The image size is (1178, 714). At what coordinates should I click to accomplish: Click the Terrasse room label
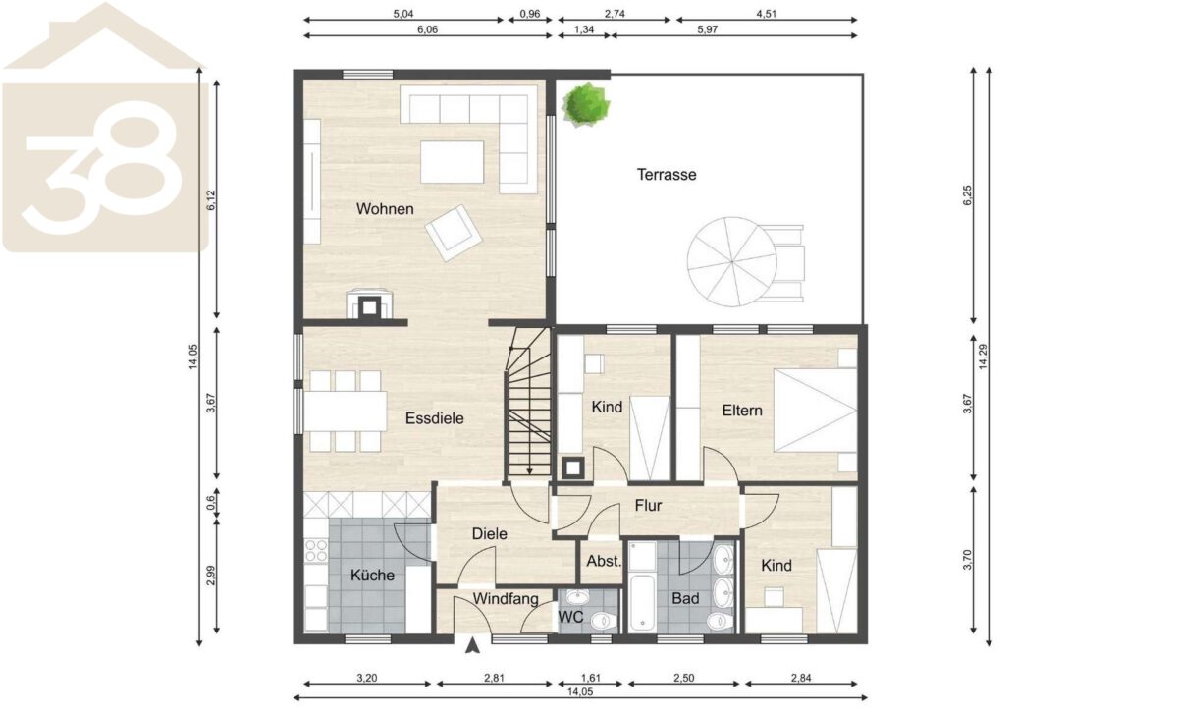(667, 175)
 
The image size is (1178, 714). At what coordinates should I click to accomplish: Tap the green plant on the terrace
(585, 105)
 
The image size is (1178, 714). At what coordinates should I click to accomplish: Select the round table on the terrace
(731, 261)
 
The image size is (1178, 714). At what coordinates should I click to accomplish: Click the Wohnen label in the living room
(385, 209)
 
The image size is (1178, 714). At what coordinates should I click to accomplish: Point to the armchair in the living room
(454, 233)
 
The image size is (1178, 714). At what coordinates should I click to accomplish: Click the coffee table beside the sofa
(452, 162)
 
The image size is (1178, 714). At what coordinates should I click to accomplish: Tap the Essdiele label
(434, 418)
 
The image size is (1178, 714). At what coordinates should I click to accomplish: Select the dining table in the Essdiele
(345, 412)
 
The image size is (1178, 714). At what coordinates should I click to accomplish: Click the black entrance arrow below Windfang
(473, 645)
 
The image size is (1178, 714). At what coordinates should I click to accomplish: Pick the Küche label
(372, 576)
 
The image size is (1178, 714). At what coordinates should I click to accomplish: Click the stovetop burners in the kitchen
(315, 550)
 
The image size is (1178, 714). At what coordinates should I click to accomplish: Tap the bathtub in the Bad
(641, 602)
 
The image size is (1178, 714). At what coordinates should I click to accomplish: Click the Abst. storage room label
(605, 562)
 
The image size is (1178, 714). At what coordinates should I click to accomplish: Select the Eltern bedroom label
(742, 411)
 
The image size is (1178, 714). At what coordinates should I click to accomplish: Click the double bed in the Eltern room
(815, 411)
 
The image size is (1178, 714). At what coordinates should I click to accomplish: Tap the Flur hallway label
(648, 506)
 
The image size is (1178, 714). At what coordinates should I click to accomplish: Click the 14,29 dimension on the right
(983, 357)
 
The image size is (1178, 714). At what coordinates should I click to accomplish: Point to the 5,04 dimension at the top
(403, 14)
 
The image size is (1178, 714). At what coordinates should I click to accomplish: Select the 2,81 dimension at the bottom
(495, 679)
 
